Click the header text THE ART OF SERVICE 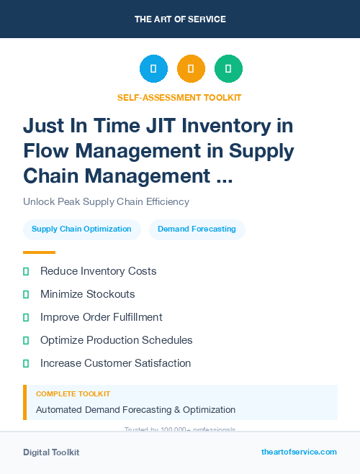coord(180,19)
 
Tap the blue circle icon coord(153,68)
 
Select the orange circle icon coord(191,68)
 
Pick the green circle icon coord(228,68)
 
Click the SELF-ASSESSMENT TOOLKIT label coord(179,97)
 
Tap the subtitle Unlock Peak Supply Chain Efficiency coord(106,202)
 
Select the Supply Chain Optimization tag coord(81,229)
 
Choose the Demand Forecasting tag coord(197,229)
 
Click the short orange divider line coord(39,252)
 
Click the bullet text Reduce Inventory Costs coord(98,271)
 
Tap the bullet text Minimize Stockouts coord(87,294)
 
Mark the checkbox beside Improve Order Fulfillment coord(26,317)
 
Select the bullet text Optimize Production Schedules coord(116,340)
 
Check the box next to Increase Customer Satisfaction coord(26,363)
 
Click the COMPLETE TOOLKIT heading coord(73,394)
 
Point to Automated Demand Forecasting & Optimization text coord(135,410)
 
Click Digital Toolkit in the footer coord(51,452)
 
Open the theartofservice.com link coord(299,452)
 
